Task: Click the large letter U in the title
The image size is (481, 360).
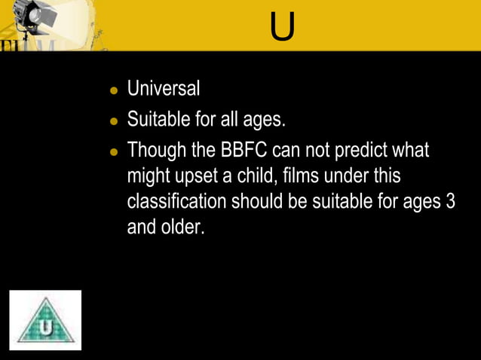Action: tap(283, 27)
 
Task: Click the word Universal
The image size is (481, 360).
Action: tap(164, 89)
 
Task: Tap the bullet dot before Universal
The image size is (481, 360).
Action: tap(115, 90)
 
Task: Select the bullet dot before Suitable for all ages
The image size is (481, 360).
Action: tap(115, 121)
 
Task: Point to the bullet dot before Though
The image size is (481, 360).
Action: tap(115, 151)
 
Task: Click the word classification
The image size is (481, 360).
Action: tap(177, 202)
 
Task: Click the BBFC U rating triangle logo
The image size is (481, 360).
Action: tap(45, 322)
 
